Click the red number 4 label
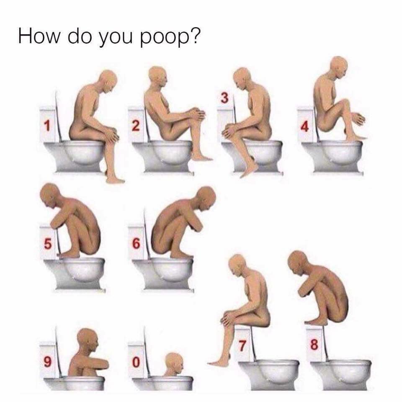point(305,126)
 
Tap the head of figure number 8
point(298,262)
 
